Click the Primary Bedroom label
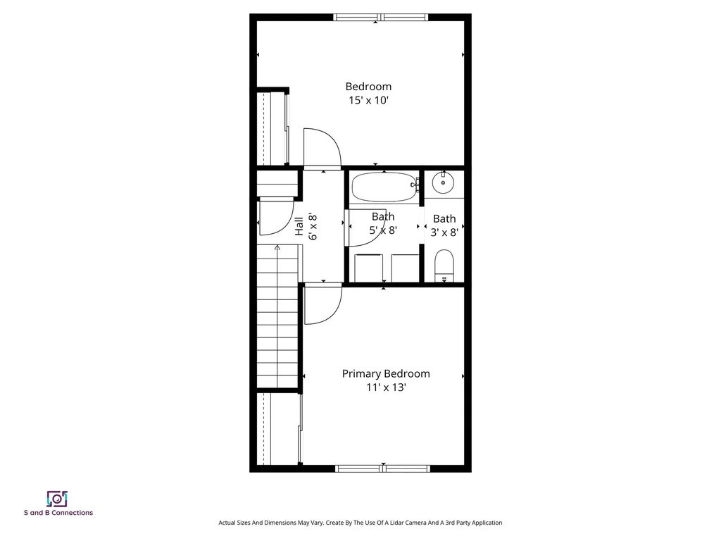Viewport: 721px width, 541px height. (386, 374)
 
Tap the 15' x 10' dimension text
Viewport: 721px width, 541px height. (369, 100)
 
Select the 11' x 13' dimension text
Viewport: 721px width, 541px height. (386, 387)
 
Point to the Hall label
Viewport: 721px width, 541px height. (299, 226)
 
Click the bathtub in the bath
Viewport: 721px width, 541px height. (384, 187)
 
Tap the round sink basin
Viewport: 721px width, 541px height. (444, 183)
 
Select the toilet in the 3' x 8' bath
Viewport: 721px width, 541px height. (444, 266)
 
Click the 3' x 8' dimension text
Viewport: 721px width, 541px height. (444, 232)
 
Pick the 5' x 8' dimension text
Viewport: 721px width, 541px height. (383, 230)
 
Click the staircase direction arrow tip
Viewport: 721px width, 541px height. (277, 246)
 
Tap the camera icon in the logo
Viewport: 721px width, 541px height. (58, 499)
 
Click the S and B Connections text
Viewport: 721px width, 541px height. (58, 513)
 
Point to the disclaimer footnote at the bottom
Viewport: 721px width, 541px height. (360, 523)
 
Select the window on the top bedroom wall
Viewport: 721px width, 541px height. (381, 18)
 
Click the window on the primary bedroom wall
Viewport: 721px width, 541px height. (382, 468)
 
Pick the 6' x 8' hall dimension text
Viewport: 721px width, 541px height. (313, 227)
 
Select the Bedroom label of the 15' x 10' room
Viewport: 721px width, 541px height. (368, 87)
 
